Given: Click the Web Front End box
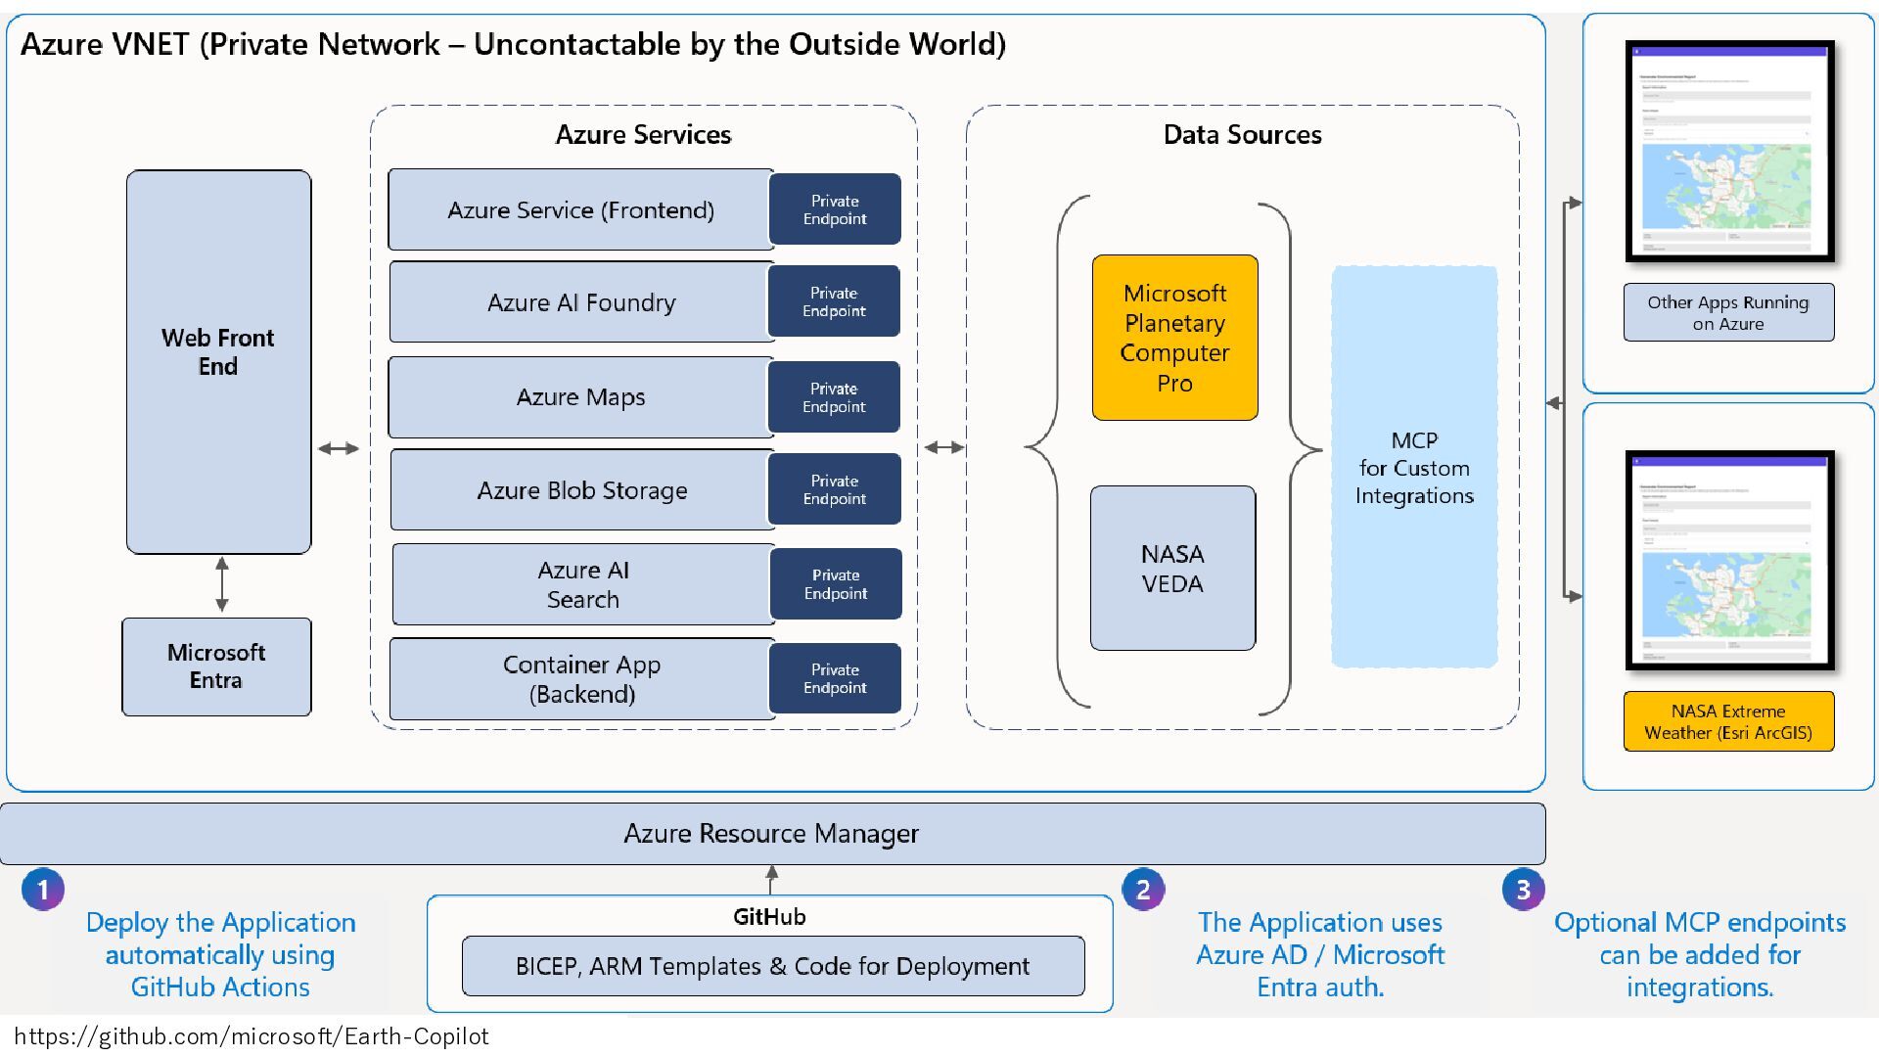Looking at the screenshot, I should [218, 362].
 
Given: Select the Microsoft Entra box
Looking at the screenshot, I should [216, 666].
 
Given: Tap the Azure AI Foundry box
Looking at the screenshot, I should [580, 302].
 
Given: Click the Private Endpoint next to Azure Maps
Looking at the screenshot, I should [834, 397].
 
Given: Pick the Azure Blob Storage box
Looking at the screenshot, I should [581, 490].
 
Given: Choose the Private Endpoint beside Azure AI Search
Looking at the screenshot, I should [836, 584].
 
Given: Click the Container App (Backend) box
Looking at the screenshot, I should [581, 679].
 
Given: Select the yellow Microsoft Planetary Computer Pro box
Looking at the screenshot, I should [1174, 338].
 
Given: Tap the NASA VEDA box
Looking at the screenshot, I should [1172, 569].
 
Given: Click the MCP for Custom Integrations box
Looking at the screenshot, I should [1414, 467].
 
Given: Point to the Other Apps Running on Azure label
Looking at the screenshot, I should [1728, 313].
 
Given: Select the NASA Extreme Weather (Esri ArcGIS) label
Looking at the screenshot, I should [1728, 722].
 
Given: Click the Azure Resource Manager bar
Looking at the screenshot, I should [771, 834].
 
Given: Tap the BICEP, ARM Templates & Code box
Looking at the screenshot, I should [772, 966].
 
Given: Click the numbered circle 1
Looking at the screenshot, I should [43, 890].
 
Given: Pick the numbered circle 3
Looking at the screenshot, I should [1523, 890].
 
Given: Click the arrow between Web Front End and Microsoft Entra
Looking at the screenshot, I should [222, 584].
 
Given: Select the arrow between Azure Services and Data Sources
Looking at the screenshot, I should [943, 447].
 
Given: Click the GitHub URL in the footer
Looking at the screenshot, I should [251, 1036].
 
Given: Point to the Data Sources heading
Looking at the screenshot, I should [1242, 135].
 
